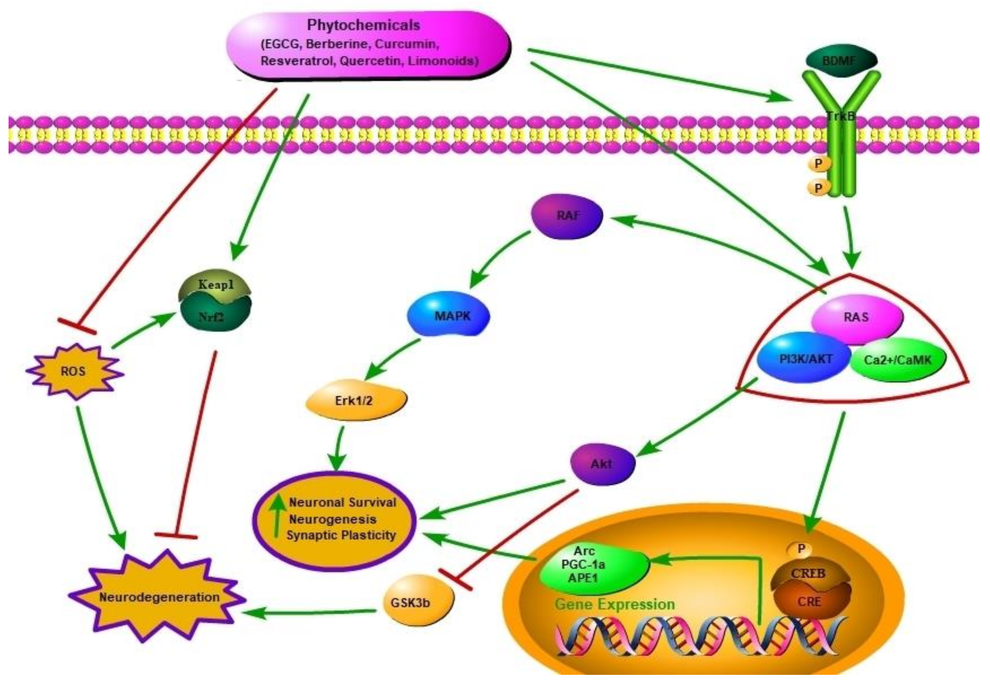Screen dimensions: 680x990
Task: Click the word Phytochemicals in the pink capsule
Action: [363, 25]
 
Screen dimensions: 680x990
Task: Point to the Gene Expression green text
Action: [614, 604]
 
